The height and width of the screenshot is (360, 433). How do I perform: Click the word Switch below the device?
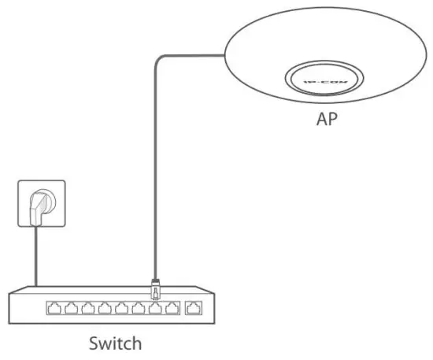[x=116, y=343]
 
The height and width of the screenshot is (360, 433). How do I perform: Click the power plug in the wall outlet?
[x=36, y=206]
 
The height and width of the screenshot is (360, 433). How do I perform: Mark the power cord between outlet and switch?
[x=36, y=260]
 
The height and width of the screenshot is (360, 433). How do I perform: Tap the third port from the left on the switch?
[x=87, y=308]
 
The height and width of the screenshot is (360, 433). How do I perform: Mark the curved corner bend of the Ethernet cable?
[x=158, y=58]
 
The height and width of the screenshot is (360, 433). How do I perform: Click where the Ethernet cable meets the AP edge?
[x=224, y=54]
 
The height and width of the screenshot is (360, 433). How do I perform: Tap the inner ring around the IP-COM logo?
[x=324, y=67]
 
